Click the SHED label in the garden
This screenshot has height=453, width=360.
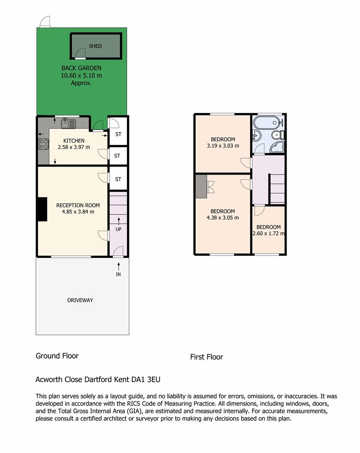pos(95,46)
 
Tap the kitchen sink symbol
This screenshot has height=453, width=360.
pos(68,124)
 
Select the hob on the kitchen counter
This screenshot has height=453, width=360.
pos(44,144)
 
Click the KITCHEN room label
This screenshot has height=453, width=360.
pos(74,141)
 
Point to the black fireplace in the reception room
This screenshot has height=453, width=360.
pos(43,209)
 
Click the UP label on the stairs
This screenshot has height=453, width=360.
pos(118,229)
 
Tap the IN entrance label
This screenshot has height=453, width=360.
pos(118,274)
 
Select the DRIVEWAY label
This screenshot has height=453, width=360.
pos(80,300)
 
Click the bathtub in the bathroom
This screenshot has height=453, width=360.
pos(267,123)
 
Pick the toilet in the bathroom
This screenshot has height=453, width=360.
pos(279,134)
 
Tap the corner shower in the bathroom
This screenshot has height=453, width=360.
pos(277,147)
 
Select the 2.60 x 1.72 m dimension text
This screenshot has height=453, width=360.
pos(269,234)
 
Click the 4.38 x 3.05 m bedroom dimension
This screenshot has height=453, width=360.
pos(223,218)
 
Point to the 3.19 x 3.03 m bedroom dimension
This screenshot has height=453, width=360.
pos(223,146)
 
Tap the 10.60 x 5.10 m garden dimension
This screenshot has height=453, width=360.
pos(81,75)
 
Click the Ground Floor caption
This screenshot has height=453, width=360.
pos(57,356)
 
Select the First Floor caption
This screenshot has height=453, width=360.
pos(206,357)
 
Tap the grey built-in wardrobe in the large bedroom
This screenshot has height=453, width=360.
pos(201,186)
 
